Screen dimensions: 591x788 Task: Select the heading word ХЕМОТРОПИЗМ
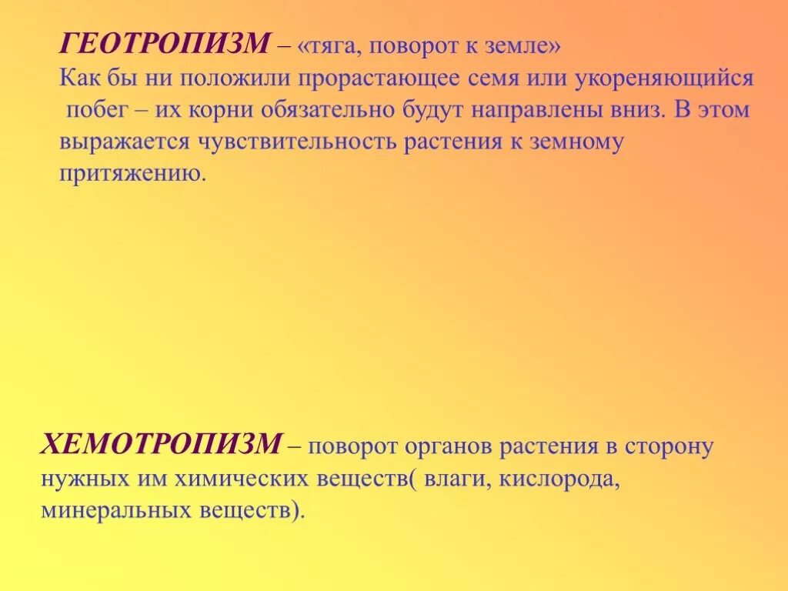coord(162,444)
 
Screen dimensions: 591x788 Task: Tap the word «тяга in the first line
coord(333,47)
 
